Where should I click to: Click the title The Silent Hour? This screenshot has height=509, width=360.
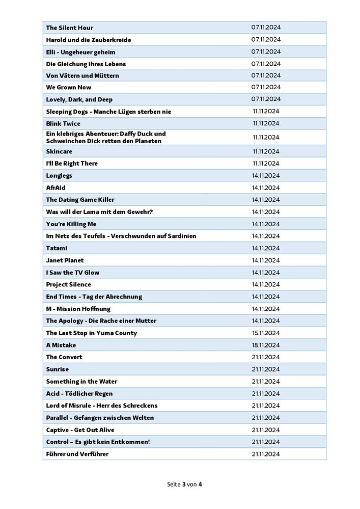click(69, 28)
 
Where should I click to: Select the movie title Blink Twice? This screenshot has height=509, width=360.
click(63, 124)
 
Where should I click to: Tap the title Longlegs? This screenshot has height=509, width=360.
click(59, 176)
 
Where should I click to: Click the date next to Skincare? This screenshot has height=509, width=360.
click(266, 151)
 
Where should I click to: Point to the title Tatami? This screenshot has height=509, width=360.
click(57, 248)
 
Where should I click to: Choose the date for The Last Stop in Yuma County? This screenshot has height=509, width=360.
click(266, 333)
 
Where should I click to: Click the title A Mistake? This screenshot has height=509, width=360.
click(61, 345)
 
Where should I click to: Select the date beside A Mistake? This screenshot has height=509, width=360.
click(266, 345)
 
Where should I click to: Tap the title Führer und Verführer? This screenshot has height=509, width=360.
click(77, 454)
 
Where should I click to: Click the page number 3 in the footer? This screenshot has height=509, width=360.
click(184, 484)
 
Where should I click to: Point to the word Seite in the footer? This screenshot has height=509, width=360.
click(173, 484)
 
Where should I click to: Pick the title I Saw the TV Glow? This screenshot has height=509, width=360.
click(73, 273)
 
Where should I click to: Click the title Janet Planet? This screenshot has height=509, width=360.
click(65, 260)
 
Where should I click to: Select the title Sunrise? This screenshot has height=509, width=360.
click(57, 369)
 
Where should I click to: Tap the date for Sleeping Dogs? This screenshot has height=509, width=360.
click(266, 111)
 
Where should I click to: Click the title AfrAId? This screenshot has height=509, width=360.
click(56, 188)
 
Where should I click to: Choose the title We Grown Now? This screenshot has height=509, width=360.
click(69, 88)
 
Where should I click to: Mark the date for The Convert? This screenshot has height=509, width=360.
click(266, 357)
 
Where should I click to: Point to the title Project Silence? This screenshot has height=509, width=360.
click(68, 285)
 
